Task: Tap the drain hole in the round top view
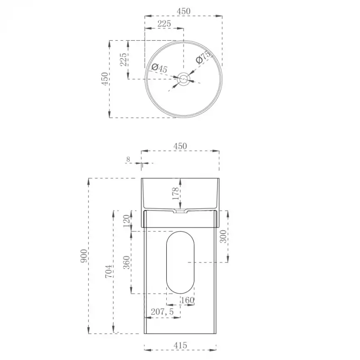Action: (183, 78)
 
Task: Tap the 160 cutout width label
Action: (187, 300)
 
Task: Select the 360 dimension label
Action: (126, 262)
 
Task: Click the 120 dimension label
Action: (126, 221)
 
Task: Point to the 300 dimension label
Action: (223, 237)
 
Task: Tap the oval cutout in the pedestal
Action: (180, 262)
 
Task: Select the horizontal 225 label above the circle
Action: (164, 24)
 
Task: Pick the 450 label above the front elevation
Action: (180, 146)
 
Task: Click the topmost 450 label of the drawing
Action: (183, 11)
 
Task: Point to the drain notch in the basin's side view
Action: (180, 212)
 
